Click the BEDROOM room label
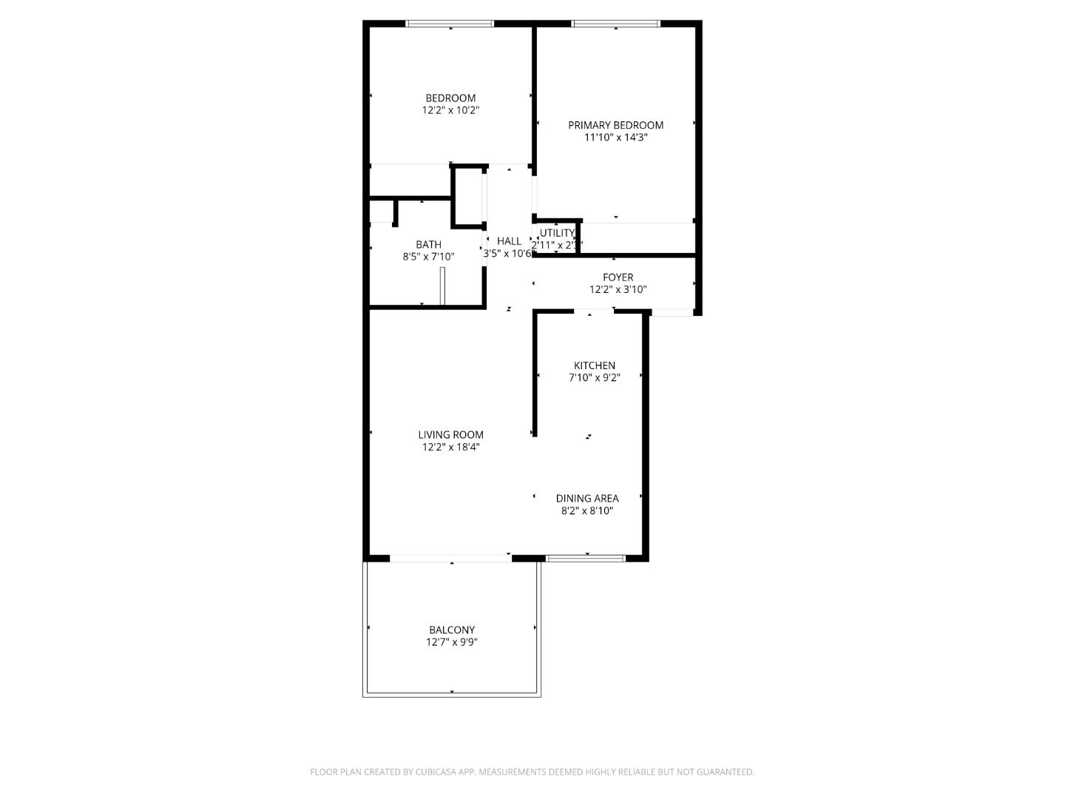tap(450, 98)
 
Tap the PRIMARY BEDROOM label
tap(615, 125)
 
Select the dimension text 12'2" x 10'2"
tap(450, 110)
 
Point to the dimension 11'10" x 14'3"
tap(615, 138)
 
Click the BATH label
tap(428, 245)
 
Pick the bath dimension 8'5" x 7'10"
tap(428, 257)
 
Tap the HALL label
tap(509, 241)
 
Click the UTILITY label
tap(557, 233)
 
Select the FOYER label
tap(618, 277)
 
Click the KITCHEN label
tap(595, 365)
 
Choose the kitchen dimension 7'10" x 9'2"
tap(595, 377)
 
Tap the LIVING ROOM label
tap(450, 435)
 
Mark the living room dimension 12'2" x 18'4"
tap(450, 447)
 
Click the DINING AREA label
tap(587, 499)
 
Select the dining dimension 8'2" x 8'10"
tap(587, 510)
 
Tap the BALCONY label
tap(452, 630)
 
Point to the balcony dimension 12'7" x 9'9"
tap(452, 642)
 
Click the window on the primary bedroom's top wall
tap(615, 24)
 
